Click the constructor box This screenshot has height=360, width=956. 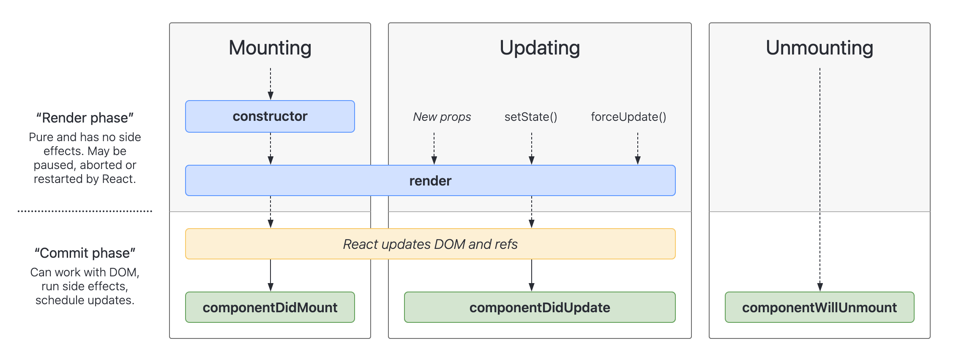[270, 116]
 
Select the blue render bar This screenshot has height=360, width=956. [430, 180]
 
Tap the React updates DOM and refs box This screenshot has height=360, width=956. [430, 244]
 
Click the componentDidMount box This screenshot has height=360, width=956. [270, 307]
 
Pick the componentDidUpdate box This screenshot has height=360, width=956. [540, 307]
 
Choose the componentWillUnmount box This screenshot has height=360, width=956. [819, 307]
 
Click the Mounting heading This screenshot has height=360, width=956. [270, 48]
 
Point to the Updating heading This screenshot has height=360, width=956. [540, 48]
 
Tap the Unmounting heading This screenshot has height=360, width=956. [819, 48]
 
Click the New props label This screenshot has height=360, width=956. [442, 117]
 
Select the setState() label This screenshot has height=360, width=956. [531, 117]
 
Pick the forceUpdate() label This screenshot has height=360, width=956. [628, 117]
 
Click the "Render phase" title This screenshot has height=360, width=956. [85, 118]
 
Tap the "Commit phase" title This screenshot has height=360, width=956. [85, 253]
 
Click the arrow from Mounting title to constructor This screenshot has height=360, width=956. [270, 84]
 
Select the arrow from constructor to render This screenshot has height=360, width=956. [270, 148]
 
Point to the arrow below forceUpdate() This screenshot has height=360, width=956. [638, 148]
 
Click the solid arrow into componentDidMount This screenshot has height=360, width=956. [270, 275]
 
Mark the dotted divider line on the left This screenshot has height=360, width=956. [85, 211]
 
